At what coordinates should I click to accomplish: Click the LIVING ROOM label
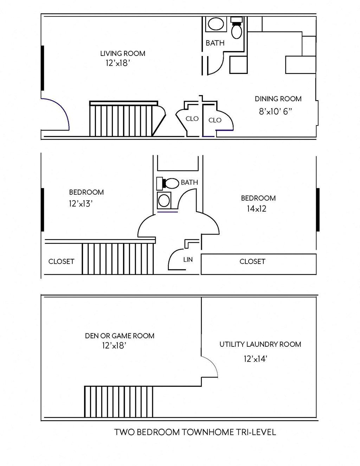pyautogui.click(x=122, y=53)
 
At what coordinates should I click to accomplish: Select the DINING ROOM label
pyautogui.click(x=278, y=99)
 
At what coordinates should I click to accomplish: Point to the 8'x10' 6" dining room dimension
pyautogui.click(x=276, y=112)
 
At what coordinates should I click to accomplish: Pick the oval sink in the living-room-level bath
pyautogui.click(x=216, y=24)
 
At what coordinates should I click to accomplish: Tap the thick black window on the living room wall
pyautogui.click(x=43, y=68)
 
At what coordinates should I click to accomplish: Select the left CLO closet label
pyautogui.click(x=192, y=119)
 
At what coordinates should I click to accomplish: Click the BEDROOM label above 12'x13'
pyautogui.click(x=86, y=192)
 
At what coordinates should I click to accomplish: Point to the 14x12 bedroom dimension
pyautogui.click(x=256, y=209)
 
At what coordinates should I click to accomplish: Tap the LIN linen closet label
pyautogui.click(x=188, y=260)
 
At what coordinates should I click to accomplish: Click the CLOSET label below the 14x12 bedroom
pyautogui.click(x=252, y=261)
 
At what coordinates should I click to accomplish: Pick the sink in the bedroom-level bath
pyautogui.click(x=164, y=200)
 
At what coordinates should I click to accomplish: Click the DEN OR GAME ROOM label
pyautogui.click(x=120, y=336)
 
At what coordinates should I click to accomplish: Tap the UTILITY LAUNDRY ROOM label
pyautogui.click(x=260, y=344)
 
